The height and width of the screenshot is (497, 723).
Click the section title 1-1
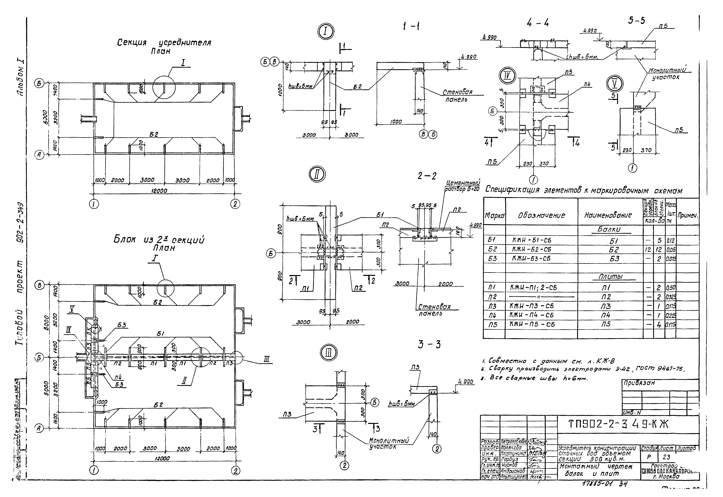(411, 27)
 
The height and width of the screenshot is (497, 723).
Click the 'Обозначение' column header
(541, 215)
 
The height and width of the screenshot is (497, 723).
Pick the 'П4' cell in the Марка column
(493, 315)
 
